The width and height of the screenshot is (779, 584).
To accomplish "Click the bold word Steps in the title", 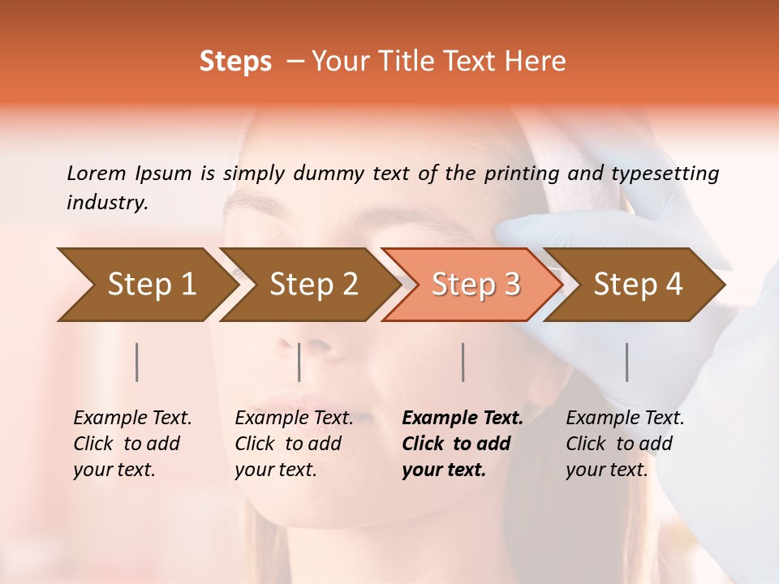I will pyautogui.click(x=235, y=62).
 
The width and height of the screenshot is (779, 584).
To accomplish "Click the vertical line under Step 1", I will pyautogui.click(x=137, y=362).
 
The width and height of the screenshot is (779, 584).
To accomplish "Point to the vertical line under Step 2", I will pyautogui.click(x=299, y=362).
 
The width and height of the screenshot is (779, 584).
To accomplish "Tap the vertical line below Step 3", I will pyautogui.click(x=463, y=362).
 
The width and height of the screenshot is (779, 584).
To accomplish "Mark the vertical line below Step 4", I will pyautogui.click(x=627, y=362).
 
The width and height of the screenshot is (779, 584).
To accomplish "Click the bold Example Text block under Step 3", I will pyautogui.click(x=463, y=444).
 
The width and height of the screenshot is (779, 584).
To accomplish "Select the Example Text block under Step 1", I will pyautogui.click(x=132, y=444).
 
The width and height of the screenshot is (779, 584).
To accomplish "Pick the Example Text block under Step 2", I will pyautogui.click(x=294, y=444).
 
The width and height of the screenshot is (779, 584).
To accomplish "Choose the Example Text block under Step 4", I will pyautogui.click(x=625, y=444).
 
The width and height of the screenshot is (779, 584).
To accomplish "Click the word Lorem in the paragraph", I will pyautogui.click(x=97, y=173).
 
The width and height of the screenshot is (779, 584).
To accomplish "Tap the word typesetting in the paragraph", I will pyautogui.click(x=665, y=173).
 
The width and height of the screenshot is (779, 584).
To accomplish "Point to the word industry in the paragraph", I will pyautogui.click(x=107, y=202).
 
